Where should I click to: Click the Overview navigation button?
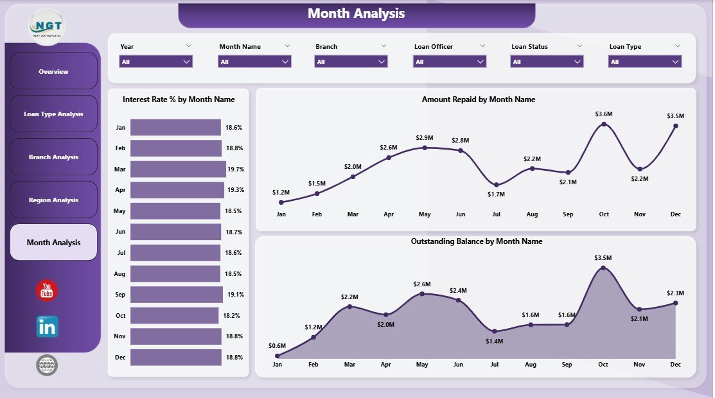53,71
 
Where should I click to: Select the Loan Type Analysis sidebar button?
53,114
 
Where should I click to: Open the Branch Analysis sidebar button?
53,157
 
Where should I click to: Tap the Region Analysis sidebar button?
53,200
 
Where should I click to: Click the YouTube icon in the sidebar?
47,291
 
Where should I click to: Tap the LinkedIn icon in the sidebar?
47,326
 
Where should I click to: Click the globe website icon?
47,365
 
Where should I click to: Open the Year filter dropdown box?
156,62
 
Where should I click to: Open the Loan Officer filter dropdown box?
450,62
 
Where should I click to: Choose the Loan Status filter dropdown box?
547,62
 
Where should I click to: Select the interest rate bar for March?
178,169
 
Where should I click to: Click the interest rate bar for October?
174,315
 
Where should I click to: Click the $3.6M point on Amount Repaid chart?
603,124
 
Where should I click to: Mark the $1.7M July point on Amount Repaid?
495,184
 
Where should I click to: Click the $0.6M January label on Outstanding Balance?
277,345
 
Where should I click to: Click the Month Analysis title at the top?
356,13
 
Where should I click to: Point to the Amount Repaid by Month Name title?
478,99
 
